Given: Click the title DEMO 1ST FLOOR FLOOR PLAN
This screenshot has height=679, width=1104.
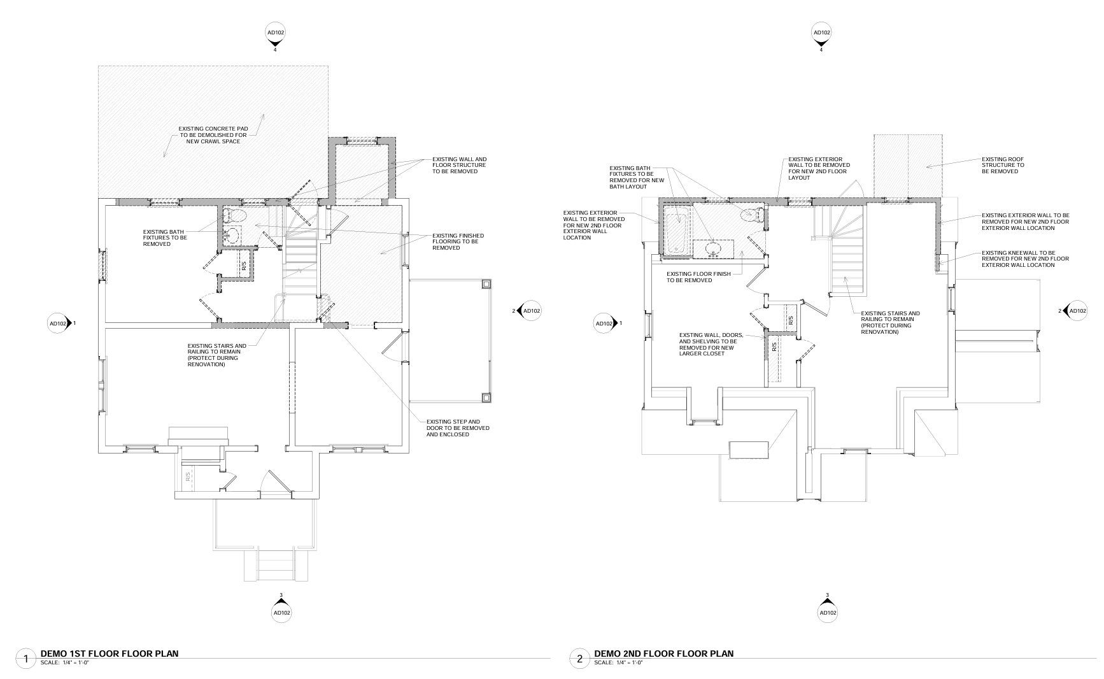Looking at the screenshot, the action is [x=109, y=654].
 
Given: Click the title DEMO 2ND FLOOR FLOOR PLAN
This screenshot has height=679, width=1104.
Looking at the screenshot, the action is [x=663, y=654].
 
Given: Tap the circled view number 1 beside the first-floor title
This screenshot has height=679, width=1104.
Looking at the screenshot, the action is [x=25, y=659].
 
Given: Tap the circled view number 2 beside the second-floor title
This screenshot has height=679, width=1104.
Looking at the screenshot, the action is [x=579, y=659].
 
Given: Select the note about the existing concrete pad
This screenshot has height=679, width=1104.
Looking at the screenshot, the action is [x=213, y=135].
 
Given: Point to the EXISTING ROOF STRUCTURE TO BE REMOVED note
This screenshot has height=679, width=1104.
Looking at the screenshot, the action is [x=1003, y=166].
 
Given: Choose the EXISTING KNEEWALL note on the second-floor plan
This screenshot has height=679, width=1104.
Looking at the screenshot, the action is [x=1025, y=259].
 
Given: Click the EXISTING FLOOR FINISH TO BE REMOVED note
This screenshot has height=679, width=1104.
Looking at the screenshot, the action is [x=698, y=277].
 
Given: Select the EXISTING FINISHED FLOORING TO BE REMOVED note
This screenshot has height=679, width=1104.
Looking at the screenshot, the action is [x=458, y=241].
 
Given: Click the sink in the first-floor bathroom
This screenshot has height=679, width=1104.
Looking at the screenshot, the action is [x=233, y=236].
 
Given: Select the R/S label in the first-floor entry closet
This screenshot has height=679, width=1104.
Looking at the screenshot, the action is [x=188, y=476].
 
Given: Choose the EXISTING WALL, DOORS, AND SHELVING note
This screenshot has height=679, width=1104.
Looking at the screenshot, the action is [x=720, y=344].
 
